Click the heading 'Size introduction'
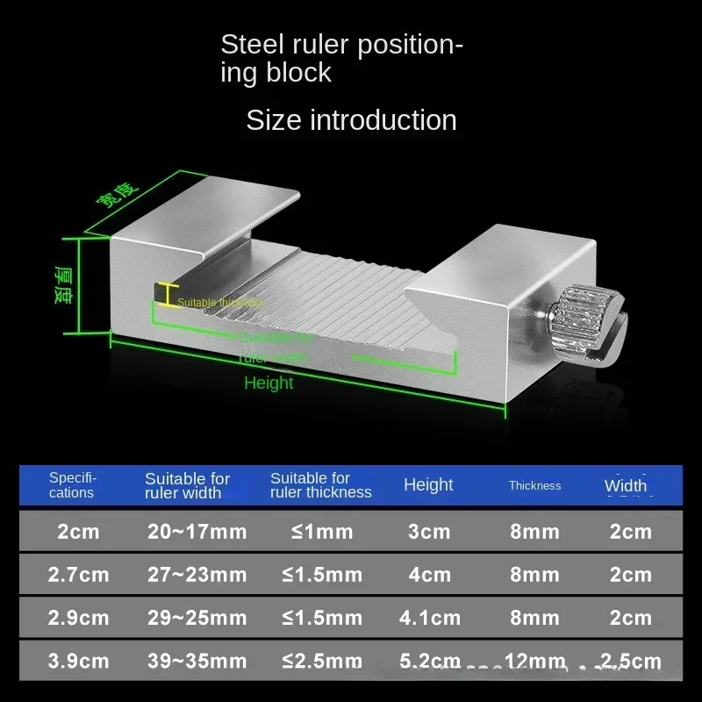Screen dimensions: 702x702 tap(351, 119)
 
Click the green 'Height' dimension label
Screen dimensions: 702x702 tap(269, 383)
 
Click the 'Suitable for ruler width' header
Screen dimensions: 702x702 tap(187, 485)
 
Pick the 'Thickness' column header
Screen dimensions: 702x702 tap(534, 485)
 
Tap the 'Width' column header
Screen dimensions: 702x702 tap(626, 485)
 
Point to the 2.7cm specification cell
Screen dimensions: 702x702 tap(79, 576)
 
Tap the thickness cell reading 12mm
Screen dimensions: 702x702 tap(534, 661)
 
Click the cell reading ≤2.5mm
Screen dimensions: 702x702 tap(322, 661)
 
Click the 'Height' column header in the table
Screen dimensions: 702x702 tap(428, 484)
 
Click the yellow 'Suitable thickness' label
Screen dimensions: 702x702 tap(219, 303)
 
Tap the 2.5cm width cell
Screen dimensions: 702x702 tap(631, 661)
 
